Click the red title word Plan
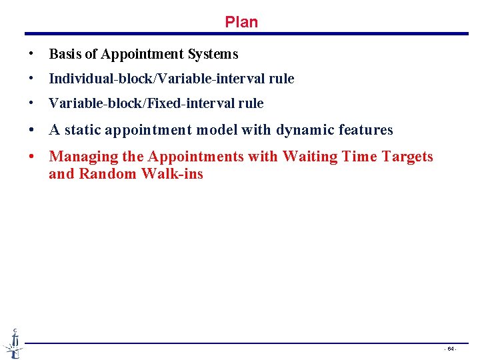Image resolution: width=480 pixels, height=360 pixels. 241,22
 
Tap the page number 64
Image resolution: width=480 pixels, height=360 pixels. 451,349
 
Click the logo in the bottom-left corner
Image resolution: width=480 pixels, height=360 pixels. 13,343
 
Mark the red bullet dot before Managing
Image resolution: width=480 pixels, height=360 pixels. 31,157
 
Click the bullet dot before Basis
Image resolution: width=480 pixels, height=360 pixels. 31,54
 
